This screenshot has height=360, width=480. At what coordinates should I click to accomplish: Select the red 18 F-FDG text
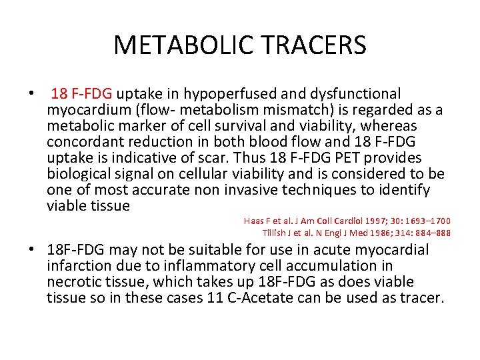coord(82,93)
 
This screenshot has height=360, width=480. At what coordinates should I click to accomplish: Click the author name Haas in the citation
coord(255,221)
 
